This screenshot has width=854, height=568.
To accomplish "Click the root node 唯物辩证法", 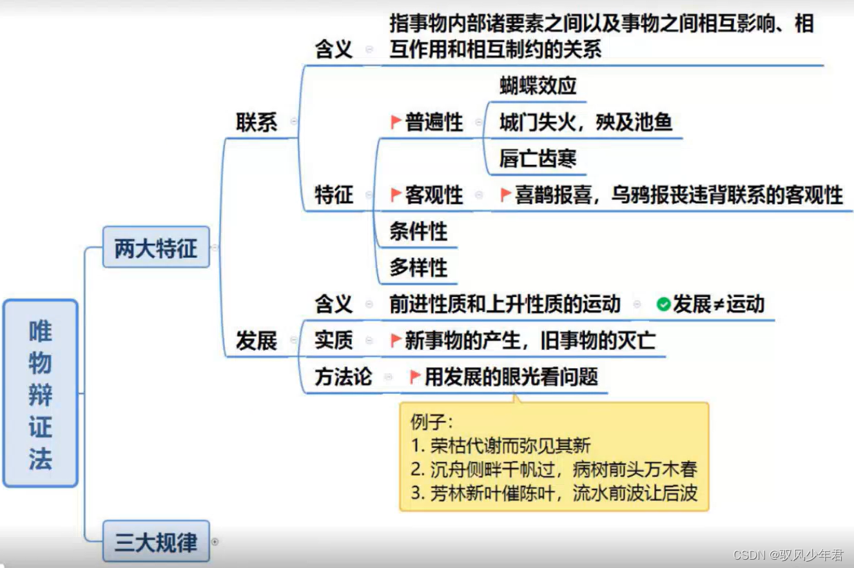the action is [40, 393].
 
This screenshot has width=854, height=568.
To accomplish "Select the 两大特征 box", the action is [156, 248].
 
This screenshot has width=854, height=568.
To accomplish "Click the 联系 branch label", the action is [257, 122].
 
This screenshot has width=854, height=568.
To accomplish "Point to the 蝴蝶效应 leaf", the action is [538, 86].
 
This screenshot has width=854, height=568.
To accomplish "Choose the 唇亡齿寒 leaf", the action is [538, 159].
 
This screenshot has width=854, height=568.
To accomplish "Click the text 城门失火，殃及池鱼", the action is [585, 122].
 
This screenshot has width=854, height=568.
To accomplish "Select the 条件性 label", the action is [418, 231].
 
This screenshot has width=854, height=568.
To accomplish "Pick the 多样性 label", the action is [418, 268].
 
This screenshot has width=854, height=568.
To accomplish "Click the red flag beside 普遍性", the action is [396, 121].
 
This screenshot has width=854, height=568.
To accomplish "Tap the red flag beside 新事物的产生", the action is [396, 340].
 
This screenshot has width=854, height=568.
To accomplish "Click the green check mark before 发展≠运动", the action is [663, 304].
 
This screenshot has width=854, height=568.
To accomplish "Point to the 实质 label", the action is [334, 340].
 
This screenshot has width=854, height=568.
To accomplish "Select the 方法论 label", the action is [343, 377].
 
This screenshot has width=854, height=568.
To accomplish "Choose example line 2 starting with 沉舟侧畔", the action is [554, 469].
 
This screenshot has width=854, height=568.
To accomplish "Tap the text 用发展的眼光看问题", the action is [511, 377].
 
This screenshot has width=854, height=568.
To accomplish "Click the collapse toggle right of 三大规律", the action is [215, 542].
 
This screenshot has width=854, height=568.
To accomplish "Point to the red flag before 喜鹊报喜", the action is [506, 194].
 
